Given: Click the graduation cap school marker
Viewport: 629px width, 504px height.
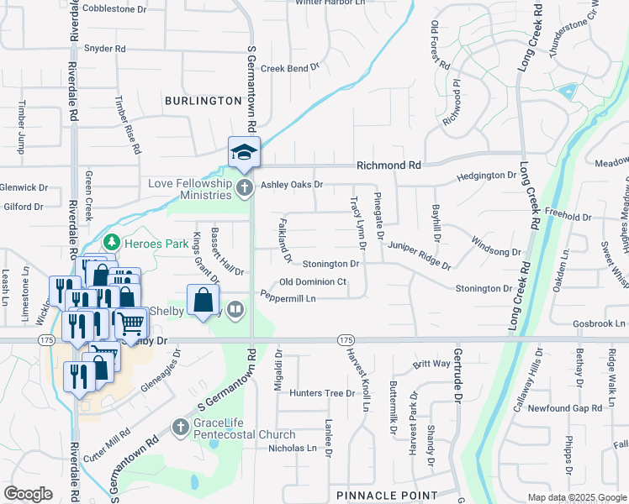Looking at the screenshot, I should coord(244,152).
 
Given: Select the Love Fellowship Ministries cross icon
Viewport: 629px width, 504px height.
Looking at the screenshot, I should coord(244,187).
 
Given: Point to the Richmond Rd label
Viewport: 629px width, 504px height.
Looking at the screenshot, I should coord(388,166).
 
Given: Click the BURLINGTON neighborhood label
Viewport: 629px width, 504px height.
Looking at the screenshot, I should coord(203,101).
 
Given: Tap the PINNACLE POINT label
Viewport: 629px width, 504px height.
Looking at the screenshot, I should coord(386,496).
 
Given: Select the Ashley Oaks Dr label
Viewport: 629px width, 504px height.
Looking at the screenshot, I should coord(292,185).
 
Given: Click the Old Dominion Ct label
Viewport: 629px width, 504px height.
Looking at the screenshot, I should coord(313,282).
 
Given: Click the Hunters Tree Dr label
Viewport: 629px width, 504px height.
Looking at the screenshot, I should coord(322,393).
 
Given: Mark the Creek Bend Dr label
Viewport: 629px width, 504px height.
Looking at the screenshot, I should coord(291,67).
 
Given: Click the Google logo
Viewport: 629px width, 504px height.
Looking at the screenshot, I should coord(28,494).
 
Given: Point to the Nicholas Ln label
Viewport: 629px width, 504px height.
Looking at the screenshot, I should coord(297,449).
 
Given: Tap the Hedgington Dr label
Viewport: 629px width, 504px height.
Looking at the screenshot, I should coord(489,177).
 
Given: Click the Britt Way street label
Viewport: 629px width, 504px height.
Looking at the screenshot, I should coord(431,365).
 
